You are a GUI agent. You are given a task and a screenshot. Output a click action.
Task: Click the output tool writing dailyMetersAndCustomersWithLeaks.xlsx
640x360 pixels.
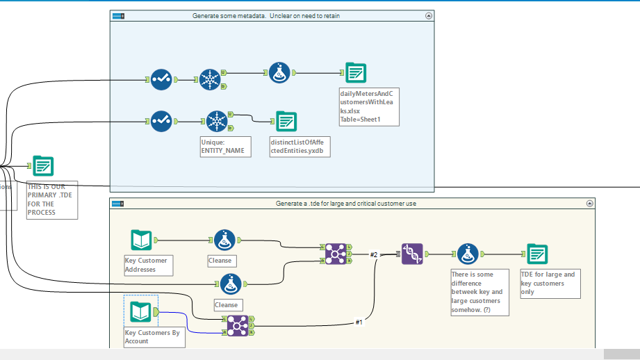(x=356, y=72)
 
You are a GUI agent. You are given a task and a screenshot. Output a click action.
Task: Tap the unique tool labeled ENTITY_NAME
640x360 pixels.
(x=218, y=121)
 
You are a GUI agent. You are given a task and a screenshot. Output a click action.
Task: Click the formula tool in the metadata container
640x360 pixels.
(x=279, y=72)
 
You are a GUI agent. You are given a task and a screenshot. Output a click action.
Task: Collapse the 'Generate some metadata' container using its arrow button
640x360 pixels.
(x=428, y=15)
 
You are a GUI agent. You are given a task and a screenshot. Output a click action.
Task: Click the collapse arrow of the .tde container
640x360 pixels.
(x=589, y=204)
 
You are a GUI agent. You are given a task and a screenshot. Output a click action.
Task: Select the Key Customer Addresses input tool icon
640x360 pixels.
(x=141, y=240)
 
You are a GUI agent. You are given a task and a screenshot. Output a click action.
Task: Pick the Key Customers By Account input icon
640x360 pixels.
(x=141, y=313)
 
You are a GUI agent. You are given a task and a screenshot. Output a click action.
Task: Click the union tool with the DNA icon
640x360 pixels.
(x=412, y=254)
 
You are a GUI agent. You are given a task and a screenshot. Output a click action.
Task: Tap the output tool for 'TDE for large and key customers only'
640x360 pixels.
(x=536, y=254)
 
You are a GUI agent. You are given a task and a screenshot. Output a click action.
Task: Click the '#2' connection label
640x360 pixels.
(x=373, y=255)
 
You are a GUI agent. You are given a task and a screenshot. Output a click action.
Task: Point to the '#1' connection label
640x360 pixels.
(x=359, y=322)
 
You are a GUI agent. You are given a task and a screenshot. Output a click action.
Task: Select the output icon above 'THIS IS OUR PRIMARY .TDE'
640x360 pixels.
(x=43, y=166)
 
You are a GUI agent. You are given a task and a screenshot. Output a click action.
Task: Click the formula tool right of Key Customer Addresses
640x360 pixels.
(x=224, y=240)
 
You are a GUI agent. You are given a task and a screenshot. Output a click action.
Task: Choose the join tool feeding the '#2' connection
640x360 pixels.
(x=334, y=254)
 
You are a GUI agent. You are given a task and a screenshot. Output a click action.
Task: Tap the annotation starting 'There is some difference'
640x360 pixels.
(x=479, y=293)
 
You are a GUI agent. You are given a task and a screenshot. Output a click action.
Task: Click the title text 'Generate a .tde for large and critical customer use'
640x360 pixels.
(x=346, y=204)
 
